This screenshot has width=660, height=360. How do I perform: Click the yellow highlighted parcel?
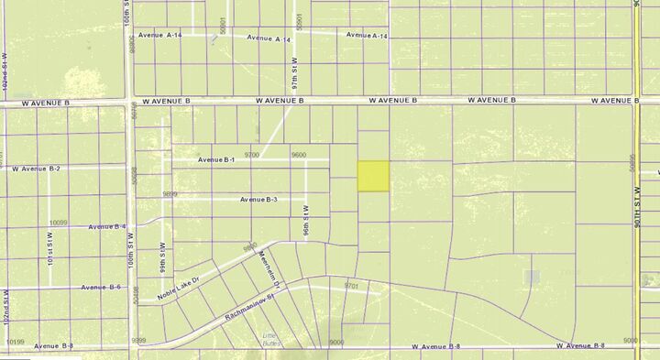373,176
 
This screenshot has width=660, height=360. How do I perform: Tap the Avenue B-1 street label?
217,160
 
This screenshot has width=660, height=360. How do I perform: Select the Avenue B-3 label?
259,200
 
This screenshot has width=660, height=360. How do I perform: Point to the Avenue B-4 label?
108,226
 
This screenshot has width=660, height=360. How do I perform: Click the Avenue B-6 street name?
101,287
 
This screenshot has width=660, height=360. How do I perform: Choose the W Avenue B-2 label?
36,169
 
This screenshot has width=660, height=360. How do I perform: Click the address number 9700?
252,155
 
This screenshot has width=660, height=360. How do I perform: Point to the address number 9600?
298,155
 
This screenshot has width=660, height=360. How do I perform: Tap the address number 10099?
59,222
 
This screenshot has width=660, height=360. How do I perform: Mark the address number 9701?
351,286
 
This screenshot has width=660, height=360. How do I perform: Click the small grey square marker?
533,276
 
